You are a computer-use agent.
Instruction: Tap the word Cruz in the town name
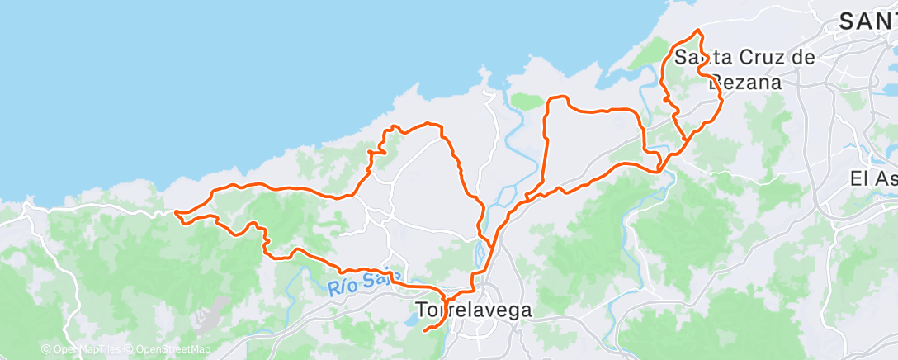(749, 58)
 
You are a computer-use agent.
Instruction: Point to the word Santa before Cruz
(699, 58)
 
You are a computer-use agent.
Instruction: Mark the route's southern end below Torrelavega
(425, 331)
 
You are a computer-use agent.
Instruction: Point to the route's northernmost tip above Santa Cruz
(699, 31)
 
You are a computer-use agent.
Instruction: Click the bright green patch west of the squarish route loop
(525, 102)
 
